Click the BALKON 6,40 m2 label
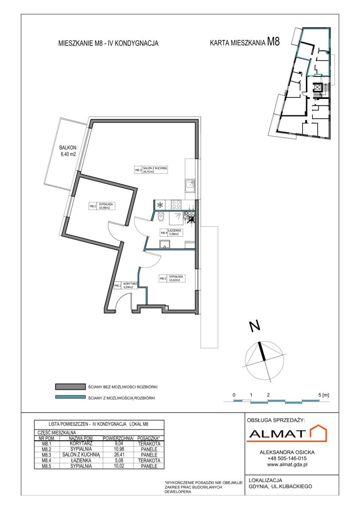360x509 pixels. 67,151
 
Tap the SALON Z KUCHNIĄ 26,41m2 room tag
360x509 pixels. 151,170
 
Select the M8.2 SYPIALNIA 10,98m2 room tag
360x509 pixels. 102,206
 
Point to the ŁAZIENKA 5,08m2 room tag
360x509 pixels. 171,232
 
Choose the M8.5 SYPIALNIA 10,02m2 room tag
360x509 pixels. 172,278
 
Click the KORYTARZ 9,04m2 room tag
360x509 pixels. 126,285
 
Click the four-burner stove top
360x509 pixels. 176,204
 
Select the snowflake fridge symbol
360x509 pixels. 160,204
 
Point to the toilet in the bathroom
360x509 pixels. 161,218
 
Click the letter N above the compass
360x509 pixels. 255,327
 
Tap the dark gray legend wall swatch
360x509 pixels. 70,387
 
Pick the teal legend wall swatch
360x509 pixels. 70,397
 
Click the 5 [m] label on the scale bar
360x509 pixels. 324,395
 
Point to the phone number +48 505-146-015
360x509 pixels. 287,459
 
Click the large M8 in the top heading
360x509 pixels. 273,42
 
